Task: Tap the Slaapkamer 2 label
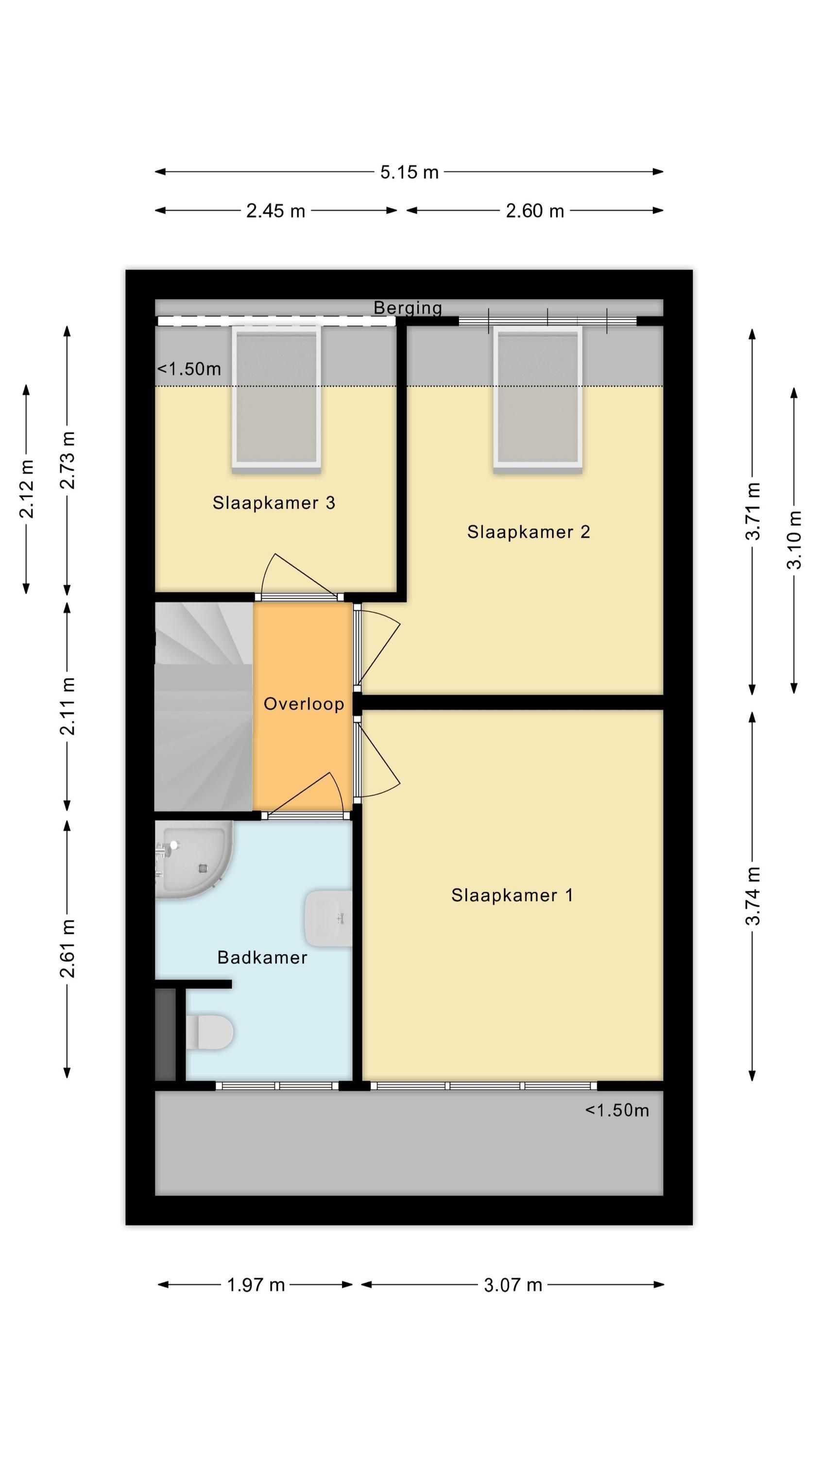tap(529, 532)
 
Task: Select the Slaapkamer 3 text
tap(274, 502)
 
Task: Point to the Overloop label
tap(304, 704)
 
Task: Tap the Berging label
tap(408, 308)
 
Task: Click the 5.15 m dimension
tap(409, 172)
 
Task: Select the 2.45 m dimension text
tap(275, 211)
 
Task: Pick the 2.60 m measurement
tap(535, 211)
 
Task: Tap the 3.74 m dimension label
tap(752, 896)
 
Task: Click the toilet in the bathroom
tap(209, 1031)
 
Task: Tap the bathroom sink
tap(328, 918)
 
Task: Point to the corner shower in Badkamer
tap(193, 859)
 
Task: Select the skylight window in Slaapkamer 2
tap(538, 399)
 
